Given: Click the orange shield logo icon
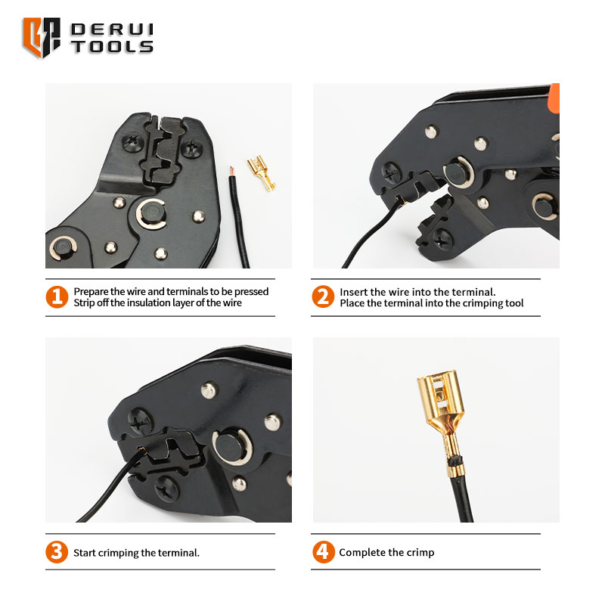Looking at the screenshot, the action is click(x=42, y=37).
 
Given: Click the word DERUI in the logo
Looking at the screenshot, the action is click(x=112, y=29).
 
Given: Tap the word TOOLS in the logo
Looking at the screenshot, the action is click(x=112, y=47).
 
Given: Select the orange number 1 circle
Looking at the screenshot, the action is click(x=57, y=297).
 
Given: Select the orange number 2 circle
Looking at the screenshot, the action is click(x=323, y=296).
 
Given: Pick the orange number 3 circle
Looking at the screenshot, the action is click(x=57, y=552).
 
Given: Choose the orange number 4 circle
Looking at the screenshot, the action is click(x=324, y=552).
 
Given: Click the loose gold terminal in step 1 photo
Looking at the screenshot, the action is click(x=262, y=173).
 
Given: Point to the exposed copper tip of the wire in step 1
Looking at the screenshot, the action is click(x=231, y=171).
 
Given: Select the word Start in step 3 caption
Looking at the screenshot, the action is click(x=85, y=553).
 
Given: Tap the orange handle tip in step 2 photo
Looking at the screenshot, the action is click(x=554, y=99).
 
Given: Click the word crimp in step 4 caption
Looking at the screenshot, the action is click(x=420, y=553).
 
